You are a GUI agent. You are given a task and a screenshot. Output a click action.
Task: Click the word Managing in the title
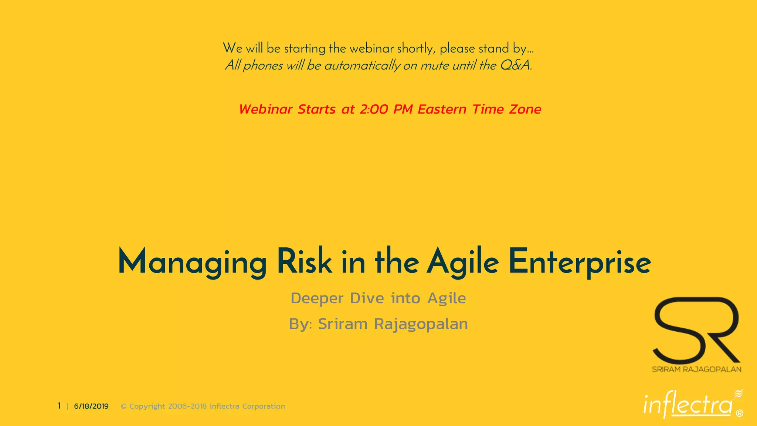(x=192, y=262)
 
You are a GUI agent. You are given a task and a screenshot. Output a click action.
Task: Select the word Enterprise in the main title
(x=580, y=262)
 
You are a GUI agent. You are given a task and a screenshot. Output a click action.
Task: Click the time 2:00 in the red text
(x=374, y=109)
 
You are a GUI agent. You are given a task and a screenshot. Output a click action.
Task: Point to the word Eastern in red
(x=442, y=109)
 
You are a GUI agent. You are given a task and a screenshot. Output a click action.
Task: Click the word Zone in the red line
(x=525, y=109)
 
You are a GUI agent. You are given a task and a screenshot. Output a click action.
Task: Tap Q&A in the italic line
(x=515, y=65)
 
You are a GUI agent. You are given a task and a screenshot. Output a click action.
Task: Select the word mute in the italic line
(x=435, y=66)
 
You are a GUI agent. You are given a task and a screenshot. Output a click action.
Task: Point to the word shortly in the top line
(x=416, y=48)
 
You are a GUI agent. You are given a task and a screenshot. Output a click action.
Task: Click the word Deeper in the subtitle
(x=317, y=298)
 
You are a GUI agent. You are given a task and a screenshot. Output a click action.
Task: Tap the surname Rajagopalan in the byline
(x=421, y=324)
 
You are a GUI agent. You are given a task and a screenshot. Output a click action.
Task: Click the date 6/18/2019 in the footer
(x=91, y=406)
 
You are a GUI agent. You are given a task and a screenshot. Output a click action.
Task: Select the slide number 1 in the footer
(x=59, y=406)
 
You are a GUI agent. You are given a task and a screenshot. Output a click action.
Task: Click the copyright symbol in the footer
(x=124, y=406)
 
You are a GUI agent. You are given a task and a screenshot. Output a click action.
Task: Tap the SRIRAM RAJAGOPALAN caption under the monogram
(x=696, y=369)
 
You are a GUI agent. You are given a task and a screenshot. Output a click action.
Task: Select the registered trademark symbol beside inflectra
(x=739, y=413)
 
